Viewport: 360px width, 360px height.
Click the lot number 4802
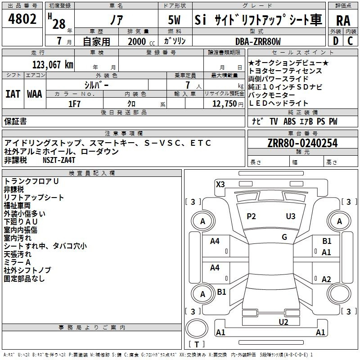22,19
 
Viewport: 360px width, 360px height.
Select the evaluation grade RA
343,21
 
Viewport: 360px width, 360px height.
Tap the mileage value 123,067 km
53,65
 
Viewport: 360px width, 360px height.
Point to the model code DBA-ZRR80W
258,41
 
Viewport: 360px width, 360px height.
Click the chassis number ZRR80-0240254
302,143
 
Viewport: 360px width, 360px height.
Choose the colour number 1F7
74,104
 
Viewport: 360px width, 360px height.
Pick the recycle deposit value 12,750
224,104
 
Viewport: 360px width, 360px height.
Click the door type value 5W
174,20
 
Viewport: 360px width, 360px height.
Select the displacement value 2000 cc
141,41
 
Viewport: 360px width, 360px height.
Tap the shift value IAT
13,94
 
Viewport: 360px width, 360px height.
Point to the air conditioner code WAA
35,94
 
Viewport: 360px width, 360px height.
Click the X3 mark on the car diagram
220,184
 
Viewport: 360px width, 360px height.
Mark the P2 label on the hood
251,216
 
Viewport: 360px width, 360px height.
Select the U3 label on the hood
291,216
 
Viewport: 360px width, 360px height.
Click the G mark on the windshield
284,237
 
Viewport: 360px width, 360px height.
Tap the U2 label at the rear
283,322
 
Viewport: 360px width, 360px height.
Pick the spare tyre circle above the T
197,328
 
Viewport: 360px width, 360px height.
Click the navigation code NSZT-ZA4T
59,160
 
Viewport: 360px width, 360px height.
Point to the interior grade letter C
350,41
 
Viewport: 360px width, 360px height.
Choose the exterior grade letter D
336,41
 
